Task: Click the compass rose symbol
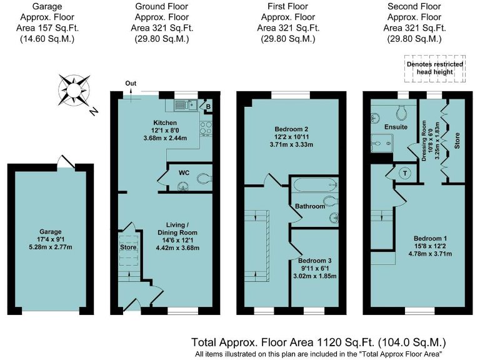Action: click(x=74, y=90)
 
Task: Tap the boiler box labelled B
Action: click(x=208, y=106)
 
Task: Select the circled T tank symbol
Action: click(x=405, y=174)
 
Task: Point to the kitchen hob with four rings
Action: click(x=206, y=129)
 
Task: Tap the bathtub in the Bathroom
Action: click(x=316, y=185)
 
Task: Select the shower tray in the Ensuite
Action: click(x=382, y=143)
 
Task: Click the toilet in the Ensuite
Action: click(x=401, y=112)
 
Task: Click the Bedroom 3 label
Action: click(x=315, y=261)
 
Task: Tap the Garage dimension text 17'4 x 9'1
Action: click(x=50, y=239)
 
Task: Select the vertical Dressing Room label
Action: click(x=424, y=141)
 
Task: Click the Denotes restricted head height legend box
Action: click(x=435, y=69)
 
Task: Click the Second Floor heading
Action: click(x=414, y=6)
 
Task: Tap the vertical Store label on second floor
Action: click(x=457, y=141)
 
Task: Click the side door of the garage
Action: click(x=66, y=162)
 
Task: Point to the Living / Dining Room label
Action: click(x=177, y=229)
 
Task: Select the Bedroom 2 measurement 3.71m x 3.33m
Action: click(x=291, y=144)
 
